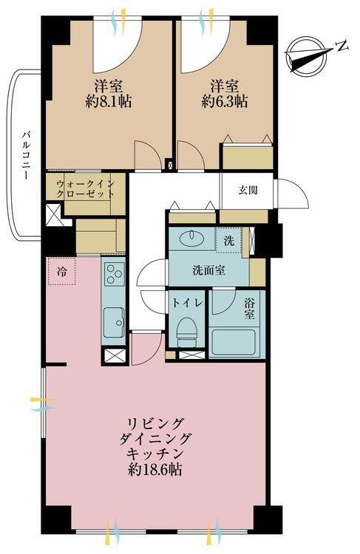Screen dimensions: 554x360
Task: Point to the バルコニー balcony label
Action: (x=26, y=156)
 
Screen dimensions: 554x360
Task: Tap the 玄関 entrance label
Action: (x=248, y=191)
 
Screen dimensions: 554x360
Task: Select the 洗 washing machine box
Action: (x=230, y=241)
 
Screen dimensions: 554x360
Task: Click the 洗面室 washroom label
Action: (x=210, y=270)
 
